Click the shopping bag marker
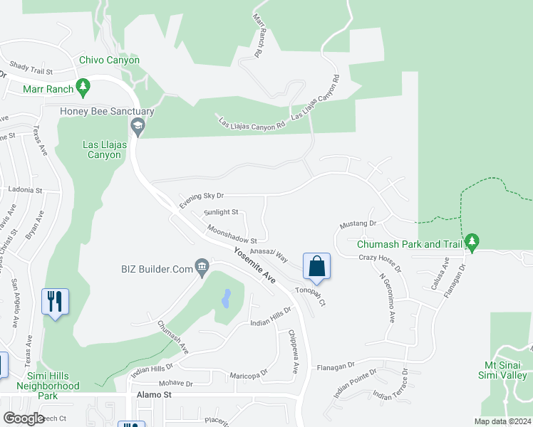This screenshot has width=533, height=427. click(x=317, y=266)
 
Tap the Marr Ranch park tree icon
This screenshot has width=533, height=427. click(x=84, y=88)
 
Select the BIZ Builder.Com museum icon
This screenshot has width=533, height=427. click(x=202, y=268)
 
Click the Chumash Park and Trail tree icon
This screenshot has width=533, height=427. click(x=472, y=243)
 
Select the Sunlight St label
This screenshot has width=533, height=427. click(x=221, y=212)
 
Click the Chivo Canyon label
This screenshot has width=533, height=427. click(x=109, y=60)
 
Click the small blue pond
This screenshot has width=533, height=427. click(x=226, y=297)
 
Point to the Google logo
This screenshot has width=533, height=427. click(x=24, y=418)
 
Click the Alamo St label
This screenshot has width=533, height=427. click(x=150, y=394)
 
